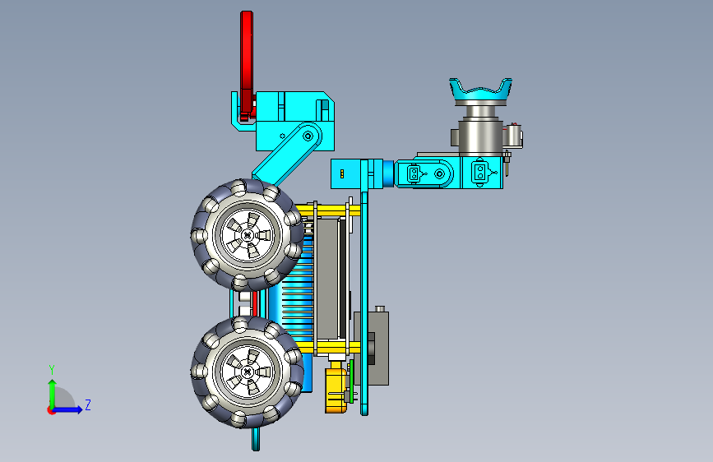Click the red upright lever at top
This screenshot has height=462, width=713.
point(247,63)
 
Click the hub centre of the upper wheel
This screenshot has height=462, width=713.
point(248,235)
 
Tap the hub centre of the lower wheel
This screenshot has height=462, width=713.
point(248,372)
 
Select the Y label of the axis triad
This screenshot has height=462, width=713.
point(52,370)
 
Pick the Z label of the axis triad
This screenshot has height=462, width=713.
point(88,404)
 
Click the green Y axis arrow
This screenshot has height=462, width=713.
point(53,394)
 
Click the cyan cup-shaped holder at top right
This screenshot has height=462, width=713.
point(480,92)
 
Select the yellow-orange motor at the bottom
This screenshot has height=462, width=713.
point(336,390)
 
